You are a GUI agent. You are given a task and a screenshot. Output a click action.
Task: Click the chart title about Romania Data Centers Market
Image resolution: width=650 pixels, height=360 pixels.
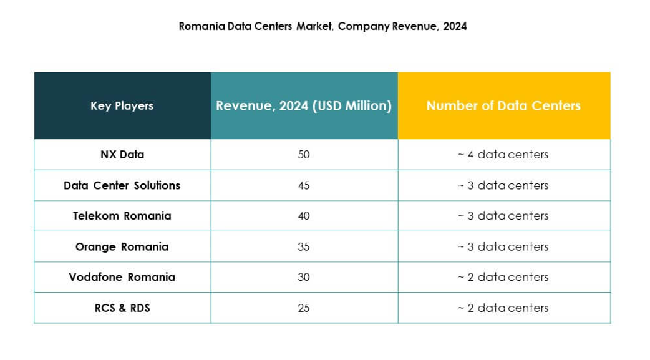pos(323,26)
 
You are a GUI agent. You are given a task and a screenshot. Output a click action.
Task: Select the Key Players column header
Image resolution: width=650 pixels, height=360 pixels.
pos(122,105)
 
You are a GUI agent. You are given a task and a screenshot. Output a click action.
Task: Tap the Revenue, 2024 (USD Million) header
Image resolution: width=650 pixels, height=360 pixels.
pos(304,105)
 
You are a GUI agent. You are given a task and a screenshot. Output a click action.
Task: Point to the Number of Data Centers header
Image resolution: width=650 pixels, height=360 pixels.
pos(503,105)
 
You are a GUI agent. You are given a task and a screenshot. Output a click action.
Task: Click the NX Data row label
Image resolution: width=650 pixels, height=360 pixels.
pos(122,154)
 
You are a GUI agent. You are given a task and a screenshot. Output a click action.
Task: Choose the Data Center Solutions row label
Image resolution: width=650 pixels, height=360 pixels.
pos(122,185)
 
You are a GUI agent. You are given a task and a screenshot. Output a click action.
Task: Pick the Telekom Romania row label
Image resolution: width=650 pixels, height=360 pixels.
pos(122,216)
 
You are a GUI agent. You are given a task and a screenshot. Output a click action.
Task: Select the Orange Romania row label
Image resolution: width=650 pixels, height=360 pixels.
pos(122,246)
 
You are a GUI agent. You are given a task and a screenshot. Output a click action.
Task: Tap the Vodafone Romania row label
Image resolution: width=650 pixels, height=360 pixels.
pos(122,277)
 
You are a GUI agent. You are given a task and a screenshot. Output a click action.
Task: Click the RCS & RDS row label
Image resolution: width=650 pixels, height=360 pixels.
pos(122,308)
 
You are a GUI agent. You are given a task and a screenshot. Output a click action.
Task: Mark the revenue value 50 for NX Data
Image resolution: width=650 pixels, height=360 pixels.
pos(304,154)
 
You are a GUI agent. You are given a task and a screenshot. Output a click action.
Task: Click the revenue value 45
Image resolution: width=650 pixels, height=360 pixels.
pos(304,185)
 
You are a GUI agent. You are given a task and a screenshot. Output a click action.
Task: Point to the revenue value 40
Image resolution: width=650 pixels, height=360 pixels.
pos(304,216)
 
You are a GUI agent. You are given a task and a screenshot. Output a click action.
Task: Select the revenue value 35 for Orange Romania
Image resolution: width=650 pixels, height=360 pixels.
pos(304,246)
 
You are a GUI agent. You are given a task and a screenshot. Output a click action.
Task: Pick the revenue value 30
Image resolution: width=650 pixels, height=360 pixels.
pos(304,277)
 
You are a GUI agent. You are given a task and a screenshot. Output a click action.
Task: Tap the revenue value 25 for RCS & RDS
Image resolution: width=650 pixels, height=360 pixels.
pos(304,308)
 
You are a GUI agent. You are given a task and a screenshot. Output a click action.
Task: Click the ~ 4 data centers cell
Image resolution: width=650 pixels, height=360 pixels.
pos(503,154)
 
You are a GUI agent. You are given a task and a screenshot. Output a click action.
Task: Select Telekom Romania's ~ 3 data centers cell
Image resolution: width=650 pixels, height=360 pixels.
pos(503,216)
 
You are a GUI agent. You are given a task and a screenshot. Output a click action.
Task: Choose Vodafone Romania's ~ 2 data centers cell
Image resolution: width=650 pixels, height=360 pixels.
pos(503,277)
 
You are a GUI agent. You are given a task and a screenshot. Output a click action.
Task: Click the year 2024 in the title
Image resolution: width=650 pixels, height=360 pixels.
pos(455,26)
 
